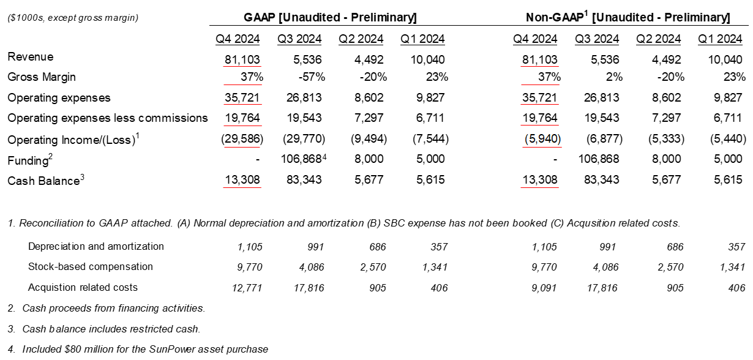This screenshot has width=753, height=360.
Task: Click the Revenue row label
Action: [x=31, y=57]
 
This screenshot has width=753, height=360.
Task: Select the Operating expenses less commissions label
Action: [x=108, y=118]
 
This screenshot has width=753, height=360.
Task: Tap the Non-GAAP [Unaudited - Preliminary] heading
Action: [x=628, y=17]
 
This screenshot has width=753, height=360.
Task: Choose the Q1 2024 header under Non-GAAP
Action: [x=721, y=39]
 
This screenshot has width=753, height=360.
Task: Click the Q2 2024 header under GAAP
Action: [x=361, y=39]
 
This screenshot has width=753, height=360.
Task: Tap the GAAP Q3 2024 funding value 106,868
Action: [x=299, y=159]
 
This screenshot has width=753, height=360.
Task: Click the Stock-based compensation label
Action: [x=91, y=267]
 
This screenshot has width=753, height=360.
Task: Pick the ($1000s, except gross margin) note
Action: [x=73, y=18]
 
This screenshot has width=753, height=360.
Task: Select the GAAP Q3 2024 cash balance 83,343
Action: [x=305, y=180]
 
